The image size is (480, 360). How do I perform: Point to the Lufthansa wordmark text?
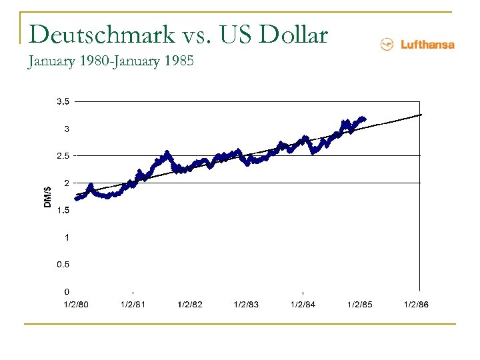(427, 45)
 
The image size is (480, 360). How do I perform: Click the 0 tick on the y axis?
(67, 291)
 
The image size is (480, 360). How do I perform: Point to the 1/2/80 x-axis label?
(76, 305)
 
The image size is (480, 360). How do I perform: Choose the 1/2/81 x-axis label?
(133, 305)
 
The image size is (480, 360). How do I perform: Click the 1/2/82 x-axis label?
(189, 305)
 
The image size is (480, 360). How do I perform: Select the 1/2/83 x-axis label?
(246, 305)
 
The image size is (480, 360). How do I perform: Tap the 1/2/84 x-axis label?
(303, 305)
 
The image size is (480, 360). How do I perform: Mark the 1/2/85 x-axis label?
(359, 305)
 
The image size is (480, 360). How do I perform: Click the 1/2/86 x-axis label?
(416, 305)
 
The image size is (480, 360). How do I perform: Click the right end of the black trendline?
(421, 115)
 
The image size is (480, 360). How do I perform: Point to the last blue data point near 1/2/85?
(364, 119)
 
